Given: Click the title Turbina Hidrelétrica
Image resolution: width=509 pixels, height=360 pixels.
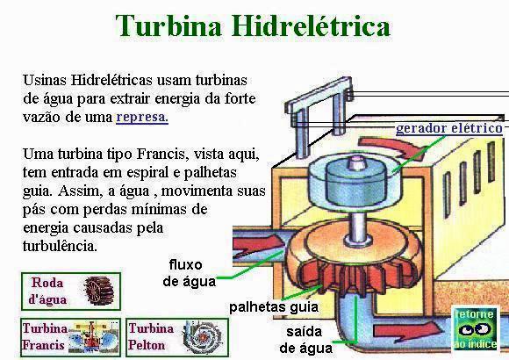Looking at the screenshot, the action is pyautogui.click(x=253, y=25).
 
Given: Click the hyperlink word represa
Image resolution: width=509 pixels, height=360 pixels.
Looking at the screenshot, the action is pyautogui.click(x=142, y=117).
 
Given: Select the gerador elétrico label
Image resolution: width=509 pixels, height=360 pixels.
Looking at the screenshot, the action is pyautogui.click(x=449, y=128).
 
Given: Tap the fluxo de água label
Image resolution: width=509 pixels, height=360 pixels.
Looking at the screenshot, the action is pyautogui.click(x=189, y=273).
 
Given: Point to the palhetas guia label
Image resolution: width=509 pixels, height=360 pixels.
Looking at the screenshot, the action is pyautogui.click(x=274, y=306).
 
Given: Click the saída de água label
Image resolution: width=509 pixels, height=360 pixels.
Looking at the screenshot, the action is pyautogui.click(x=305, y=340).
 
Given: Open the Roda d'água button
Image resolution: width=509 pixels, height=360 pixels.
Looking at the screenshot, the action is pyautogui.click(x=71, y=292).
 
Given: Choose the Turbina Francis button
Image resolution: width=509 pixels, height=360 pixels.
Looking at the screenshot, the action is pyautogui.click(x=70, y=337).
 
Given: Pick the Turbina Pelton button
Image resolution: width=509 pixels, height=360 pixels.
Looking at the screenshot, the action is pyautogui.click(x=177, y=337).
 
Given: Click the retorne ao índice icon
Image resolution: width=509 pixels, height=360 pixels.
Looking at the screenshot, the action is pyautogui.click(x=476, y=328).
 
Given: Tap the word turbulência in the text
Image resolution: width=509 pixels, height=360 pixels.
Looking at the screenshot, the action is pyautogui.click(x=60, y=246).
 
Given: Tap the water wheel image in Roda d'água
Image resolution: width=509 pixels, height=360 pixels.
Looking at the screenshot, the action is pyautogui.click(x=98, y=292).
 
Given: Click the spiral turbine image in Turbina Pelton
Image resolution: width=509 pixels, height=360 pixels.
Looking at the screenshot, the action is pyautogui.click(x=202, y=337).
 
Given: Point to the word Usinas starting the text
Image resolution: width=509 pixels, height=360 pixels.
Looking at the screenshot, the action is pyautogui.click(x=44, y=80).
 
